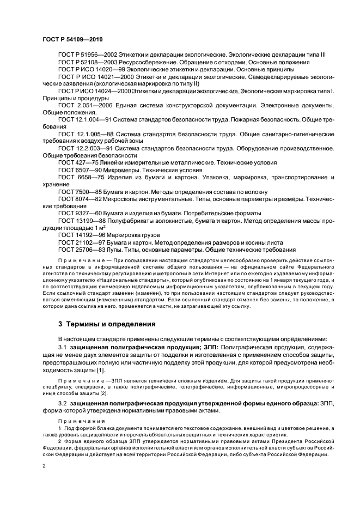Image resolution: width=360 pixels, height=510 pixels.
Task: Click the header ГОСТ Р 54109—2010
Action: [72, 40]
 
